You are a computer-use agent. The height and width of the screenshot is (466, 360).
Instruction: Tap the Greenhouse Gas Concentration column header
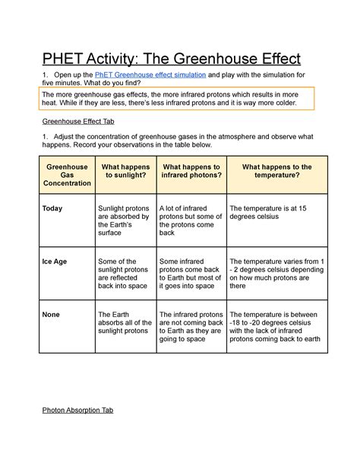click(x=67, y=175)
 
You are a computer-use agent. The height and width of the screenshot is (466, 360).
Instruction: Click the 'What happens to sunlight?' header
click(x=125, y=171)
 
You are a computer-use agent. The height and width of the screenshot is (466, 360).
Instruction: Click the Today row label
click(x=53, y=208)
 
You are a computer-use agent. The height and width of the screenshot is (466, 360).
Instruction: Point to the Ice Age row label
click(x=55, y=262)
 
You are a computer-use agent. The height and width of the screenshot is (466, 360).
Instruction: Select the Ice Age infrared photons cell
click(x=190, y=274)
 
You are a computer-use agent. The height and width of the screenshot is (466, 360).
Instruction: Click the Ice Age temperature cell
click(x=276, y=274)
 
